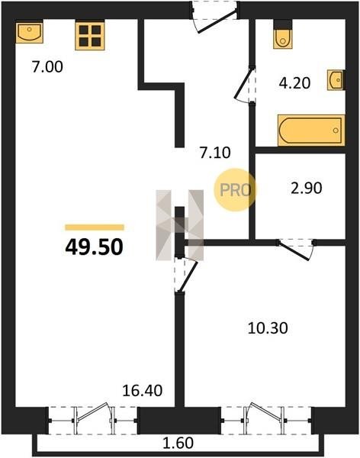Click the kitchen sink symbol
tap(29, 31)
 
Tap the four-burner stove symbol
tap(90, 35)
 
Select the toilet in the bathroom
tap(283, 34)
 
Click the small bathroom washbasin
tap(336, 79)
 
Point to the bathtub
tap(311, 131)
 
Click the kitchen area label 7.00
tap(47, 67)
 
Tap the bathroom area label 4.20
tap(294, 83)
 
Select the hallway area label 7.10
tap(215, 153)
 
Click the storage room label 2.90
tap(307, 188)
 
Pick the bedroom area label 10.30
tap(268, 328)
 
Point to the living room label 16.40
tap(142, 391)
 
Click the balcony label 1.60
tap(178, 443)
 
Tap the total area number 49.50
tap(94, 247)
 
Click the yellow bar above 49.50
tap(95, 227)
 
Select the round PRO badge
tap(235, 190)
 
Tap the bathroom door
tap(245, 85)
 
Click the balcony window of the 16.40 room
tap(93, 420)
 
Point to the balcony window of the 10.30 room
tap(266, 420)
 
